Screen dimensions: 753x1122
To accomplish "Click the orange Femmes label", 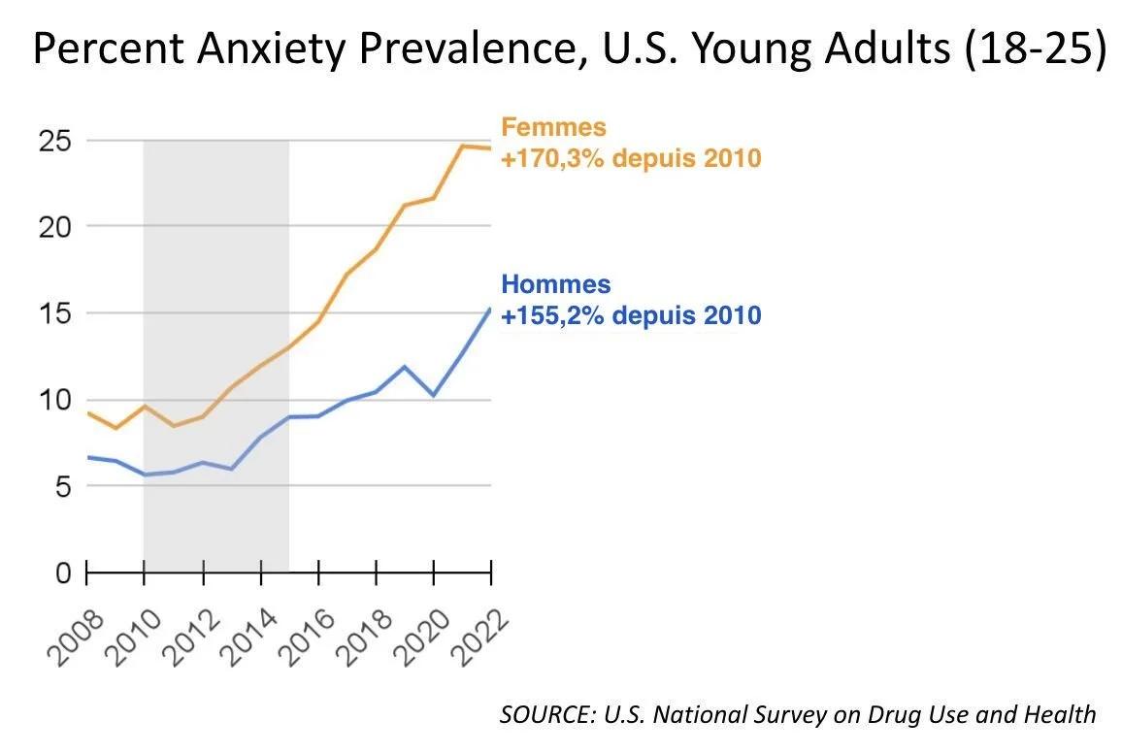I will click(553, 127).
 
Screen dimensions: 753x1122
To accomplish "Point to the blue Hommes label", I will click(556, 285).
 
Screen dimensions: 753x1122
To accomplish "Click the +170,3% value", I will click(554, 156).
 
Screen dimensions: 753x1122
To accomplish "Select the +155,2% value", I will click(554, 315).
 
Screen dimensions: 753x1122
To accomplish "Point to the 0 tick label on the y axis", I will click(62, 573).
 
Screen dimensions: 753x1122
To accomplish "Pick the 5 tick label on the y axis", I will click(62, 487).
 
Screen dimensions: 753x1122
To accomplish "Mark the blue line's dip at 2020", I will click(434, 396).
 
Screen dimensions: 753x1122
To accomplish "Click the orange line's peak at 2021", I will click(462, 147).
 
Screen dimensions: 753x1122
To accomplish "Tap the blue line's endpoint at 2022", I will click(490, 309).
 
